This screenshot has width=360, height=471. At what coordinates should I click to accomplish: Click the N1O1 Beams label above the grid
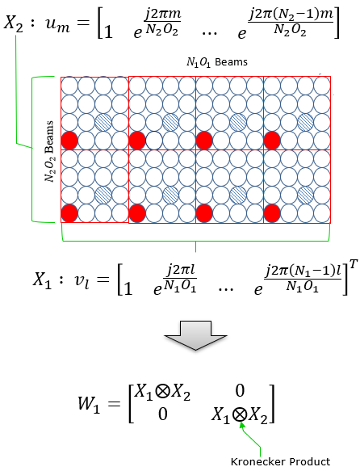coord(216,62)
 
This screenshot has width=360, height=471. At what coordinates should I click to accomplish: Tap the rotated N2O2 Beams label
coord(49,151)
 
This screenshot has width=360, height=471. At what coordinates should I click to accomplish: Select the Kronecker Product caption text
coord(281,461)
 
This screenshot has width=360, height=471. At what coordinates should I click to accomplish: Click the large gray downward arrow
coord(195,335)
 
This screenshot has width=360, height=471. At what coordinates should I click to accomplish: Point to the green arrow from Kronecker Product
coord(252,439)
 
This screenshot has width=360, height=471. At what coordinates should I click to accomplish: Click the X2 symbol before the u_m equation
coord(13,23)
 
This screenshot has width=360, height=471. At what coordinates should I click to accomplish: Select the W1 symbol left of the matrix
coord(89,404)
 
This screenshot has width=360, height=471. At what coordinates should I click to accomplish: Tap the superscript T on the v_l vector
coord(354,266)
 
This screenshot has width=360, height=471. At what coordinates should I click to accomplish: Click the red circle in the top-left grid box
coord(69,141)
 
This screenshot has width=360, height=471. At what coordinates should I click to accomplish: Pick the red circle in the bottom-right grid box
coord(272,213)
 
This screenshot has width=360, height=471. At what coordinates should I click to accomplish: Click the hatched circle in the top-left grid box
coord(103,122)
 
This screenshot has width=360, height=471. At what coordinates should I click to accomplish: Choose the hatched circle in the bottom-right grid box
coord(306,195)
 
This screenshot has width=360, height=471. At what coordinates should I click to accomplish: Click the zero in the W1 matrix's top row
coord(240,390)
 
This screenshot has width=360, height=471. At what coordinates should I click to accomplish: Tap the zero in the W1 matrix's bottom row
coord(163,414)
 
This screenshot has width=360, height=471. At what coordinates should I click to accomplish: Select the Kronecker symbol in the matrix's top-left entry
coord(162,392)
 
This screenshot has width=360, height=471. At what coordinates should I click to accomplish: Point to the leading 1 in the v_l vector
coord(128,289)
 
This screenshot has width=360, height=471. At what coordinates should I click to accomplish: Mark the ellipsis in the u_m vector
coord(209,33)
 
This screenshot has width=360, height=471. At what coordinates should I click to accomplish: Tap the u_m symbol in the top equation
coord(58,25)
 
